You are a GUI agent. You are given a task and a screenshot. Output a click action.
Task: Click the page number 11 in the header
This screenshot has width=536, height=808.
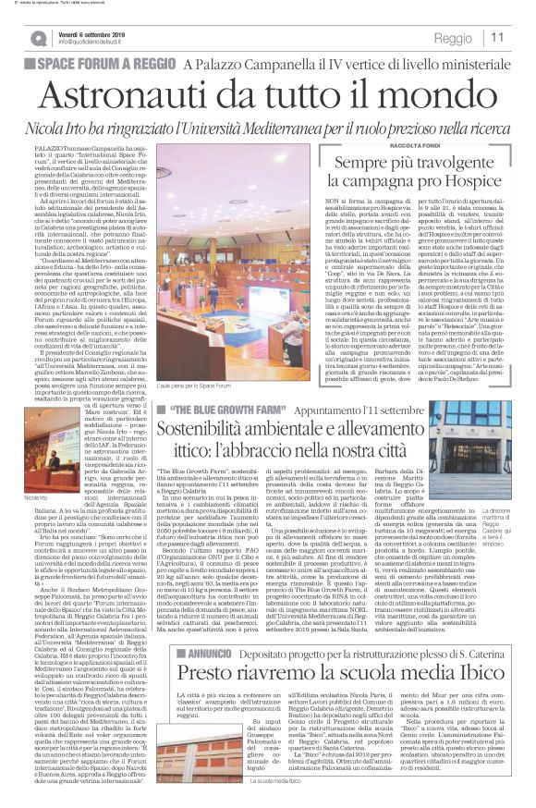(498, 37)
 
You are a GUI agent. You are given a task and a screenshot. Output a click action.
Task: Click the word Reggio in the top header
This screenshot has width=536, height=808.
(452, 38)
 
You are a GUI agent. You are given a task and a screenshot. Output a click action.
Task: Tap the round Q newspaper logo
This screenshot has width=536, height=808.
(39, 38)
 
